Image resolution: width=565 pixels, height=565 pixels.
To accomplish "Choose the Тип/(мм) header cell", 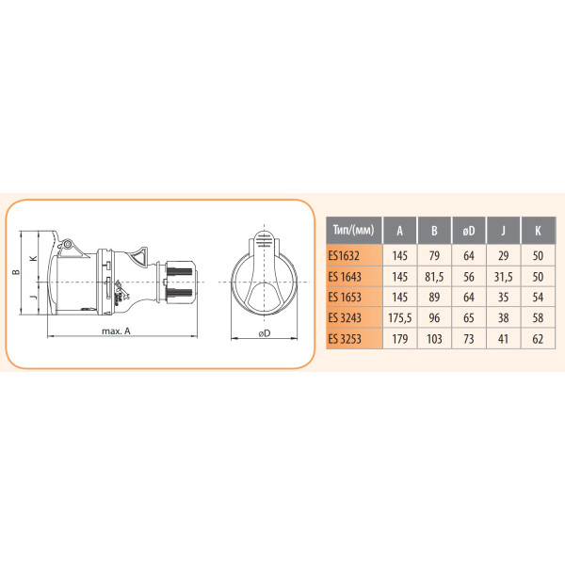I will (x=353, y=228).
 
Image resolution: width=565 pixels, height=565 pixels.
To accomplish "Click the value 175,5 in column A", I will (x=400, y=317).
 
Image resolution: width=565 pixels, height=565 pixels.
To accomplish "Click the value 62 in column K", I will (x=537, y=338).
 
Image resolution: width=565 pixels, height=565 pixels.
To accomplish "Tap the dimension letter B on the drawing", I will (x=16, y=273).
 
